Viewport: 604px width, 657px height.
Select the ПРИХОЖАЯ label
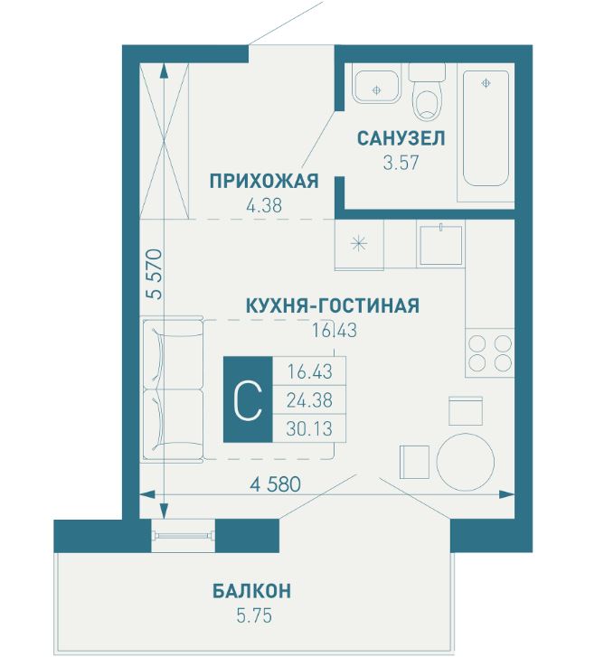click(264, 181)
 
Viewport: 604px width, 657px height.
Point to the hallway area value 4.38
click(264, 205)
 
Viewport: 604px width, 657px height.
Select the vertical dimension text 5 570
click(155, 274)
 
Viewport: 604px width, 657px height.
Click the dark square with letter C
click(247, 398)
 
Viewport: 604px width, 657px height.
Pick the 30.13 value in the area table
click(309, 427)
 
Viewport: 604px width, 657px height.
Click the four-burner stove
click(489, 353)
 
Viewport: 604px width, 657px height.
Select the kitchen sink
click(441, 243)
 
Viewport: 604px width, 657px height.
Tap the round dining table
click(466, 460)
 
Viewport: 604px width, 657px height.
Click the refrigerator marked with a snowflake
click(358, 244)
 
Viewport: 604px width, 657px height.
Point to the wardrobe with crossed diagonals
click(165, 139)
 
